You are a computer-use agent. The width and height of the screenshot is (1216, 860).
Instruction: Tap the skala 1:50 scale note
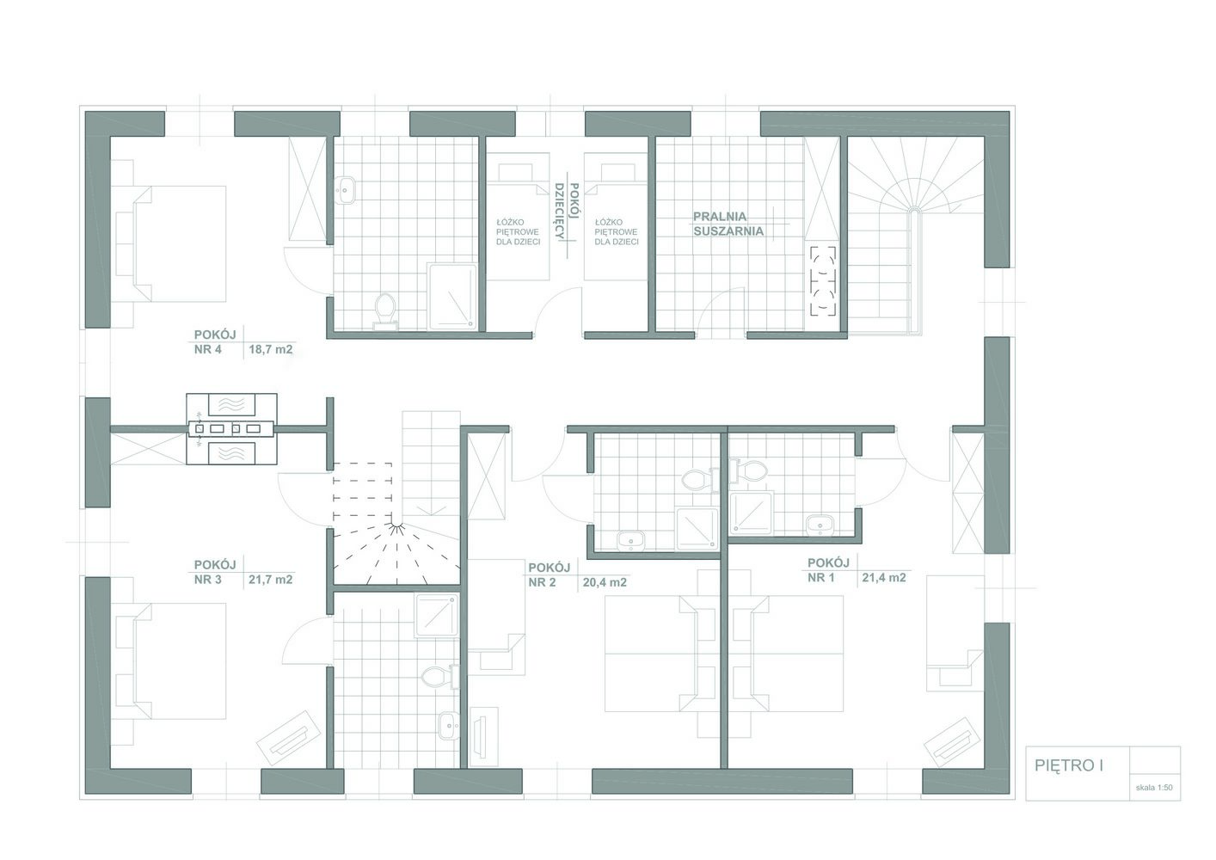(x=1154, y=788)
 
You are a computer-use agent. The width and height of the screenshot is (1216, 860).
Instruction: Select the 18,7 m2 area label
(x=270, y=349)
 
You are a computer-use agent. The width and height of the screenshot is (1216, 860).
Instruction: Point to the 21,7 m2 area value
(x=270, y=580)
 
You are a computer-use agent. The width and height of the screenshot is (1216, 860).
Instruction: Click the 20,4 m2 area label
(x=605, y=582)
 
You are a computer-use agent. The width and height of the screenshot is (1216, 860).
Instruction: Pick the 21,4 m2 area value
(x=884, y=578)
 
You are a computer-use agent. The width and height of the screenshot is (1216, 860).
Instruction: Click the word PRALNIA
(x=720, y=217)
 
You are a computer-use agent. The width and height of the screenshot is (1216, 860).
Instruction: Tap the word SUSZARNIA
(x=728, y=231)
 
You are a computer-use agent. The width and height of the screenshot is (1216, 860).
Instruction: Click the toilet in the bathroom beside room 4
(x=385, y=311)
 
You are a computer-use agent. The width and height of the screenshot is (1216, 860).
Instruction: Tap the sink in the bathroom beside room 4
(x=344, y=190)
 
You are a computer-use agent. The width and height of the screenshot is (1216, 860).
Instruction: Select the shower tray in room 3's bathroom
(x=437, y=615)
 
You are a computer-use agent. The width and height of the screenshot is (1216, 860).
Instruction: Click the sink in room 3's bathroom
(x=449, y=725)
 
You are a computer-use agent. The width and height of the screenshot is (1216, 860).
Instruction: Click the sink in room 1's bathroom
(x=820, y=525)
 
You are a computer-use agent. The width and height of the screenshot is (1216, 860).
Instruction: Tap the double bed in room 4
(x=169, y=243)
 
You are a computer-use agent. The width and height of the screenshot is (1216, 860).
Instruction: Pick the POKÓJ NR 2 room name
(x=550, y=575)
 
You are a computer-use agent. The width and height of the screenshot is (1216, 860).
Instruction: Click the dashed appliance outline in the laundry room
(x=823, y=280)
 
